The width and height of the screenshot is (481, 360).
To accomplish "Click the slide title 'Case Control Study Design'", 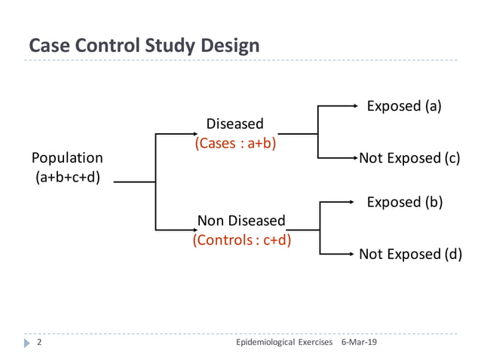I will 144,45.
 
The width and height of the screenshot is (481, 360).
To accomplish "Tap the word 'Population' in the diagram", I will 67,158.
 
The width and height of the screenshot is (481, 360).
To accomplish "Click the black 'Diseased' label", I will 235,124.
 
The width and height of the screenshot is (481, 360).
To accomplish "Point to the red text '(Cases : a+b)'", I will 235,143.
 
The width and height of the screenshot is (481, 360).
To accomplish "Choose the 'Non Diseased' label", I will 241,221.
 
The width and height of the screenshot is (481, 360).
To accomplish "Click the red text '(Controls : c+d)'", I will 242,240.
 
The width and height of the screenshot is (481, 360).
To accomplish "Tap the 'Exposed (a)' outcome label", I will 403,106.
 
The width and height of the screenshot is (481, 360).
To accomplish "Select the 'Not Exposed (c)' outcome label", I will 409,158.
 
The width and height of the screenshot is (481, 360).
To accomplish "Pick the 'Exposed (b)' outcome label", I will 403,202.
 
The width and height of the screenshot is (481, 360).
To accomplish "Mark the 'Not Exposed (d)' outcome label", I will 409,254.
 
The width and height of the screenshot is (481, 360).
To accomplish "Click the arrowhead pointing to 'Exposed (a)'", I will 354,106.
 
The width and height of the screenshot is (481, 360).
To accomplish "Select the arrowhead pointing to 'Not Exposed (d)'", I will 351,254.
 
